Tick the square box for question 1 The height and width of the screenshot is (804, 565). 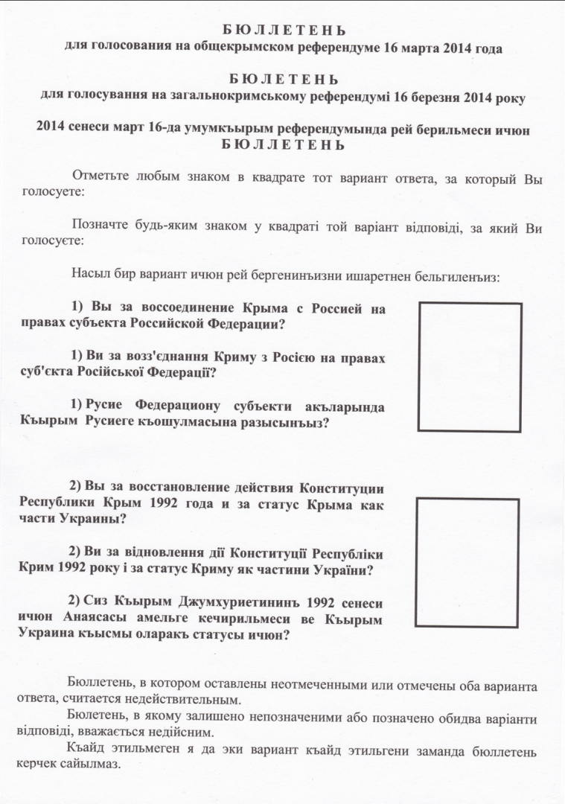(469, 367)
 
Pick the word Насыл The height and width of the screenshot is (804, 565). (88, 275)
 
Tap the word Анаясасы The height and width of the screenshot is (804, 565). (107, 619)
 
